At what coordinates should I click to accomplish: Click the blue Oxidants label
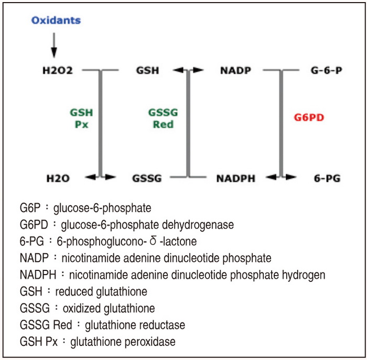coord(56,20)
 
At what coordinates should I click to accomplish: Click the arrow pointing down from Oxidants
coord(54,45)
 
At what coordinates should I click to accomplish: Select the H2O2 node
coord(58,70)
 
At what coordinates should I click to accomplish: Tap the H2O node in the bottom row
coord(58,179)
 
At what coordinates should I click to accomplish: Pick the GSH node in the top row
coord(147,70)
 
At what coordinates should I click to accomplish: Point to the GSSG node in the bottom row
coord(147,179)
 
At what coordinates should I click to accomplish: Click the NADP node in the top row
coord(236,70)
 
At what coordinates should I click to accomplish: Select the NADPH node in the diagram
coord(236,179)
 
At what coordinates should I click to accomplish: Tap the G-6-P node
coord(327,70)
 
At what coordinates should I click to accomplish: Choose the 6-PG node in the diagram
coord(327,179)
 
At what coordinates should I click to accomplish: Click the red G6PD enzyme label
coord(309,117)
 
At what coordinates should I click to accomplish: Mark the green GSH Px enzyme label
coord(81,118)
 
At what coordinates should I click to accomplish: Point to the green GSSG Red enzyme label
coord(163,118)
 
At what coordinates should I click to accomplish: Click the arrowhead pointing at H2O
coord(90,177)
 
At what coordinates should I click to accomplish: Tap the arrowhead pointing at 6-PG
coord(291,177)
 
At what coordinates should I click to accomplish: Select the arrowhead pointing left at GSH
coord(178,70)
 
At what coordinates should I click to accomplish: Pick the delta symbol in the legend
coord(153,241)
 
